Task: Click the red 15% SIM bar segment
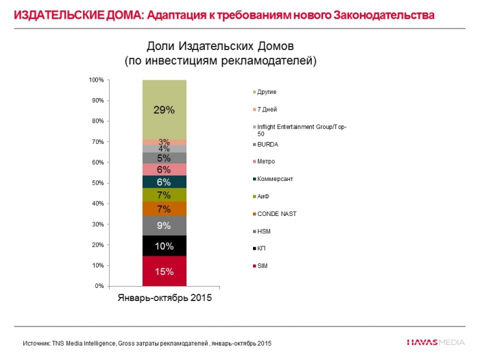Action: click(165, 271)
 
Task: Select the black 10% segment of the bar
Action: click(165, 245)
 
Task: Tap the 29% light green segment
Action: click(165, 110)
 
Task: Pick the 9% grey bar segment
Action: click(165, 225)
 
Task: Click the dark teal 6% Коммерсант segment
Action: click(165, 182)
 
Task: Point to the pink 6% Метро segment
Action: click(165, 169)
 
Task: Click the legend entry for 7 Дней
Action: click(268, 109)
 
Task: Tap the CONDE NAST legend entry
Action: click(276, 214)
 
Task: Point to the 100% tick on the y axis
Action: click(96, 80)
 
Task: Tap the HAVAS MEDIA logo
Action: click(435, 341)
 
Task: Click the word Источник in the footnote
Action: click(36, 342)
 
